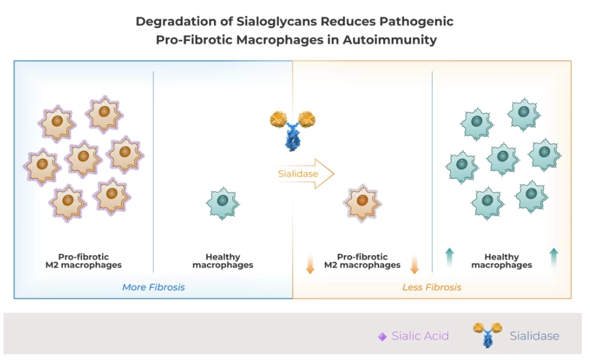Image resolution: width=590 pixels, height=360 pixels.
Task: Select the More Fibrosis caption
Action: [x=153, y=287]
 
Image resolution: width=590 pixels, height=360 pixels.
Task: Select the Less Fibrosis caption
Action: [x=431, y=287]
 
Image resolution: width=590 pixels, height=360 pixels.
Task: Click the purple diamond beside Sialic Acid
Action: [x=382, y=337]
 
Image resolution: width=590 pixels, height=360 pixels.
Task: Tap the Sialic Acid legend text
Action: [x=420, y=336]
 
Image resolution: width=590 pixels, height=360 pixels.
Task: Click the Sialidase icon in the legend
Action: [x=487, y=334]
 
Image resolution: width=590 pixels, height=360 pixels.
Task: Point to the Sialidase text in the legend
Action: [x=534, y=336]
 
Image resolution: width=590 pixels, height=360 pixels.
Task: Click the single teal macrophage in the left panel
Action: [x=223, y=202]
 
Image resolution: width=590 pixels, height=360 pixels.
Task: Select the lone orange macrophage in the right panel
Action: [x=362, y=202]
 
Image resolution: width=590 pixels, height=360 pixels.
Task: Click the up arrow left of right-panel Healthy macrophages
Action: [x=449, y=257]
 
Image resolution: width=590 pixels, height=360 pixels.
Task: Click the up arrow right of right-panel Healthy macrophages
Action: [x=553, y=257]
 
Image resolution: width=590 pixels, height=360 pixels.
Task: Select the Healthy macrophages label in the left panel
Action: [x=223, y=261]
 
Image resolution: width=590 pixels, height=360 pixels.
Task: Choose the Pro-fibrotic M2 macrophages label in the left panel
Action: [x=83, y=261]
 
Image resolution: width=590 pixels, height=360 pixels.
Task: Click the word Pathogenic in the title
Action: [x=416, y=22]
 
